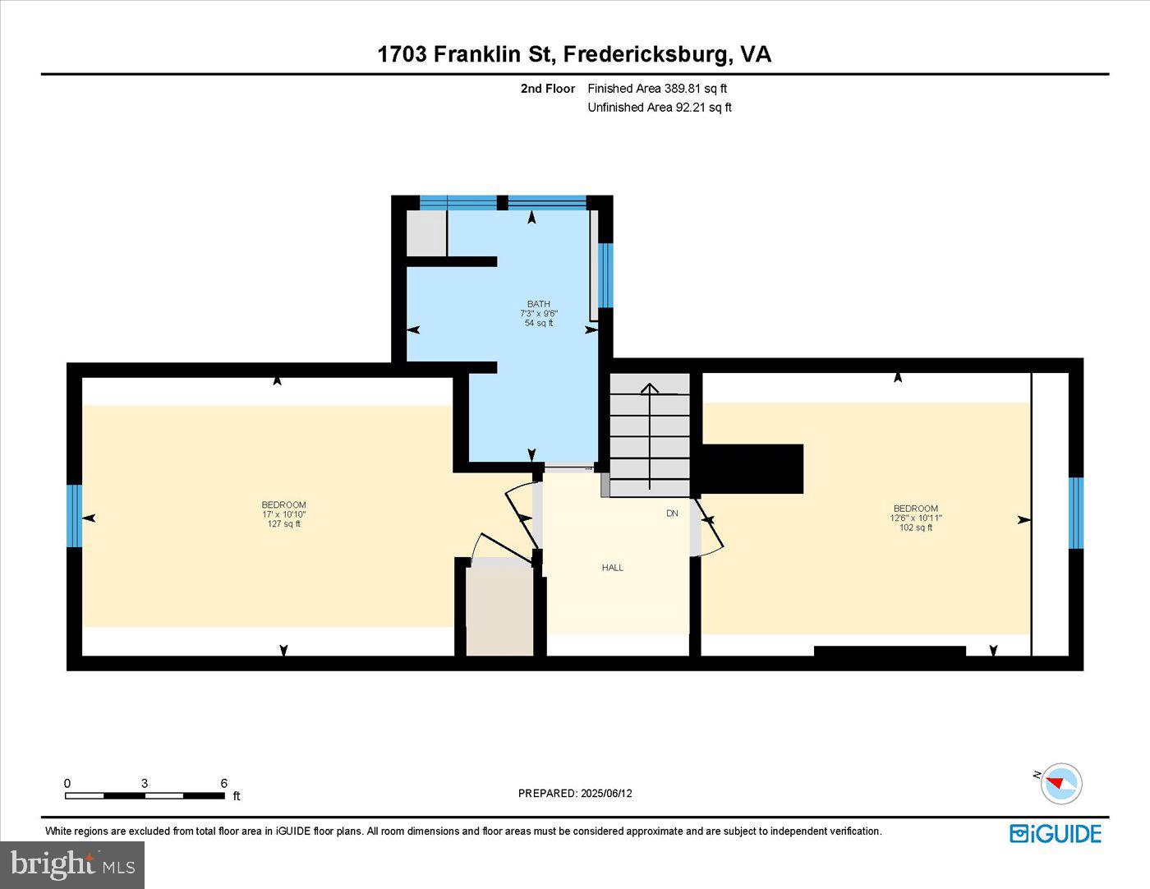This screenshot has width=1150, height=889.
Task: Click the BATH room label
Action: point(539,304)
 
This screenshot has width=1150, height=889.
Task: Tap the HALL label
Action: point(612,568)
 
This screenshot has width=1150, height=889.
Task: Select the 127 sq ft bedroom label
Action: point(283,514)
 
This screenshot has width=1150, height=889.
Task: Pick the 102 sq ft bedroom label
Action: point(915,518)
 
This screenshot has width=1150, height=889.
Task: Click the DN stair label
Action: point(672,514)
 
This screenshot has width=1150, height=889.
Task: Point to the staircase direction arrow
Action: point(650,435)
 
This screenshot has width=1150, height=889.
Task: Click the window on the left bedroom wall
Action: point(74,516)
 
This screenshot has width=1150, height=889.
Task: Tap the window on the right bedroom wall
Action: point(1075,513)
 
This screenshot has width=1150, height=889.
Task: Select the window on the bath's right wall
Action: point(605,274)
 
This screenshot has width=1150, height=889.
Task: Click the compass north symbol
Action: point(1060,783)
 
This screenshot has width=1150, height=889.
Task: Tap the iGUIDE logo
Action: point(1056,833)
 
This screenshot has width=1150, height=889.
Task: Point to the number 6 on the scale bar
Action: point(223,784)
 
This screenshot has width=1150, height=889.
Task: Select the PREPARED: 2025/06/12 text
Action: point(575,794)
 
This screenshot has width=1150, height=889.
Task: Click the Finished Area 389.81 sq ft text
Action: point(657,89)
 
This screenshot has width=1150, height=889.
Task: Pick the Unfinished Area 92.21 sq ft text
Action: point(660,108)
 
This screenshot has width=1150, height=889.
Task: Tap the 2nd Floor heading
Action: point(548,89)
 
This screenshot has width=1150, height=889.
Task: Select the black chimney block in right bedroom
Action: point(752,469)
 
